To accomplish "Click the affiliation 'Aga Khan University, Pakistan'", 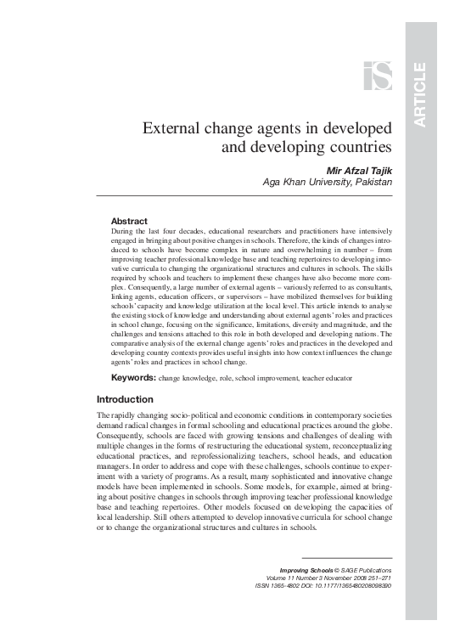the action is coord(327,183).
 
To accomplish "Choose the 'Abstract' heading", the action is coord(129,221).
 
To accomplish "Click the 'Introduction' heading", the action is coord(125,399).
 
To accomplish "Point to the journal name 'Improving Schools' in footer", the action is coord(306,570).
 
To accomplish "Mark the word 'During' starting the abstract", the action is coord(124,232).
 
